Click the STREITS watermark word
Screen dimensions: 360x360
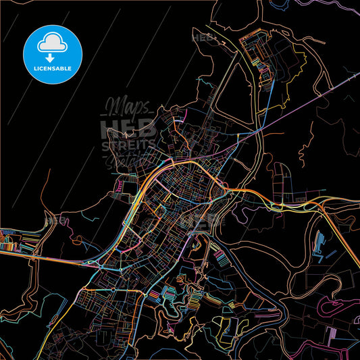pyautogui.click(x=128, y=146)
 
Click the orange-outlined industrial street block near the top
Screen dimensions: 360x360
pyautogui.click(x=254, y=51)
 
